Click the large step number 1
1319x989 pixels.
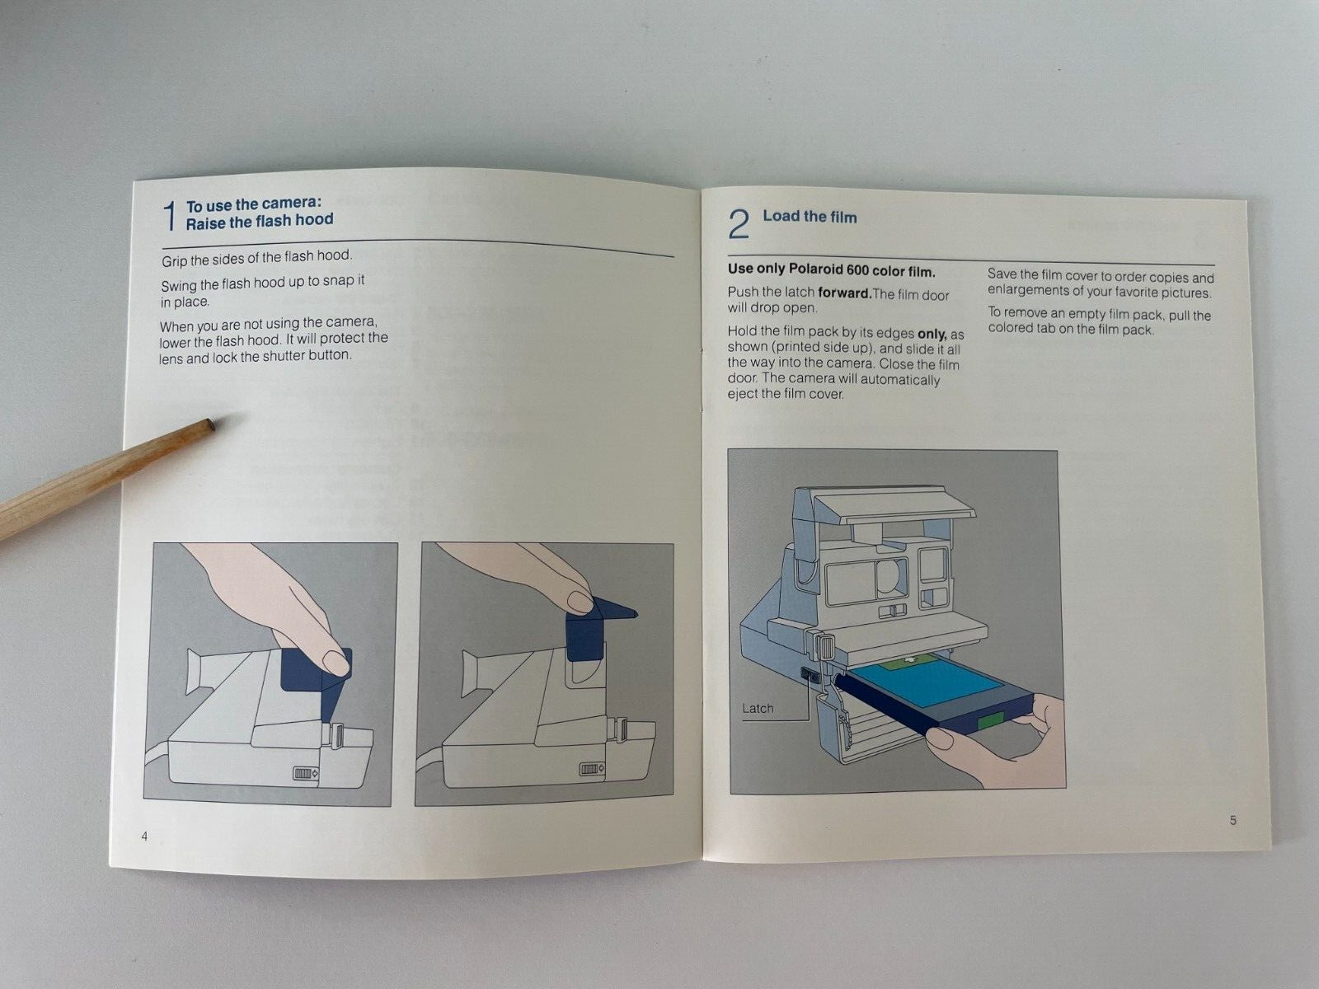click(171, 216)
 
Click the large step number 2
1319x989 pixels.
click(739, 223)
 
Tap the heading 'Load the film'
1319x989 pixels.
click(810, 217)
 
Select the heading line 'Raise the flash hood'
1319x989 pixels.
click(259, 221)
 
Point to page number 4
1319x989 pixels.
click(145, 837)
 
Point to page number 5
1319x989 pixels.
click(1233, 820)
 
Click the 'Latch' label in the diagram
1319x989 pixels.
click(758, 709)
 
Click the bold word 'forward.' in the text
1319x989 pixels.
click(844, 293)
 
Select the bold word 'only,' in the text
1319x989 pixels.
click(932, 333)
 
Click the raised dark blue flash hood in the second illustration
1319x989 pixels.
click(587, 635)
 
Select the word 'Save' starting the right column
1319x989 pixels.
click(1002, 274)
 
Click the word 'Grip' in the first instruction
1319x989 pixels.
click(174, 260)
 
